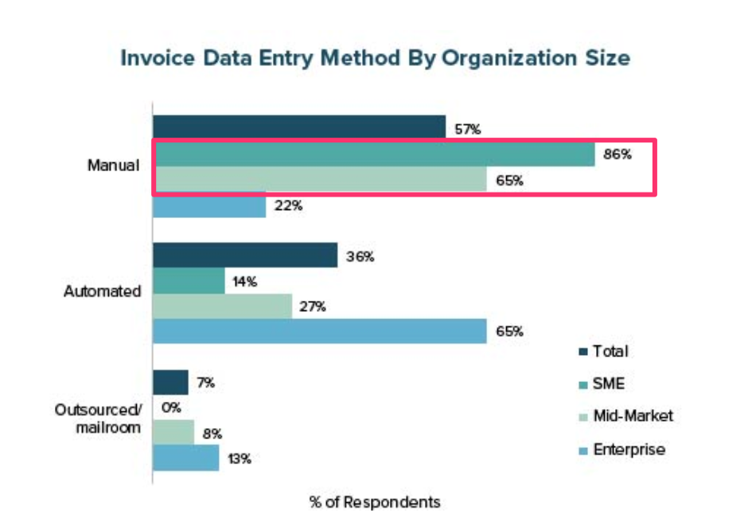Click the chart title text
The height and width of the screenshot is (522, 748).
tap(375, 59)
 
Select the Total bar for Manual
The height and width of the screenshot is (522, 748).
tap(298, 127)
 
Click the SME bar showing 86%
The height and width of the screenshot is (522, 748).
tap(373, 154)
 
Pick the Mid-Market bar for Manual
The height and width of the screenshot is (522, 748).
tap(319, 180)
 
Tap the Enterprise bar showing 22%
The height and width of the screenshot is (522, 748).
tap(208, 206)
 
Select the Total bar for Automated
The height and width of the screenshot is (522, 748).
tap(245, 256)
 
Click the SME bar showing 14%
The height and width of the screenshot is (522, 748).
tap(189, 281)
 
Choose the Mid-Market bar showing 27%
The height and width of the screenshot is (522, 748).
tap(222, 306)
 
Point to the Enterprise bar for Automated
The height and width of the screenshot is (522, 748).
tap(319, 331)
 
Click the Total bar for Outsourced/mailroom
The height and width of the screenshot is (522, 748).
tap(170, 383)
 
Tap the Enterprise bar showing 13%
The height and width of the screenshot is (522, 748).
tap(185, 458)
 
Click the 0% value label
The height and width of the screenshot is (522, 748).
tap(172, 408)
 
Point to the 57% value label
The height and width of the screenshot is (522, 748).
tap(467, 129)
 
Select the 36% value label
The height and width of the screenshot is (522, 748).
tap(360, 257)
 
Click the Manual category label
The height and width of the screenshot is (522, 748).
tap(113, 166)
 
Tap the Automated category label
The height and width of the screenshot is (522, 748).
tap(102, 291)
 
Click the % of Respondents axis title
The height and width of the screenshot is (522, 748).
tap(374, 502)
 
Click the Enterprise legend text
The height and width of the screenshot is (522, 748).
tap(629, 450)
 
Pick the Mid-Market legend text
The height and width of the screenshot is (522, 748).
tap(633, 416)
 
